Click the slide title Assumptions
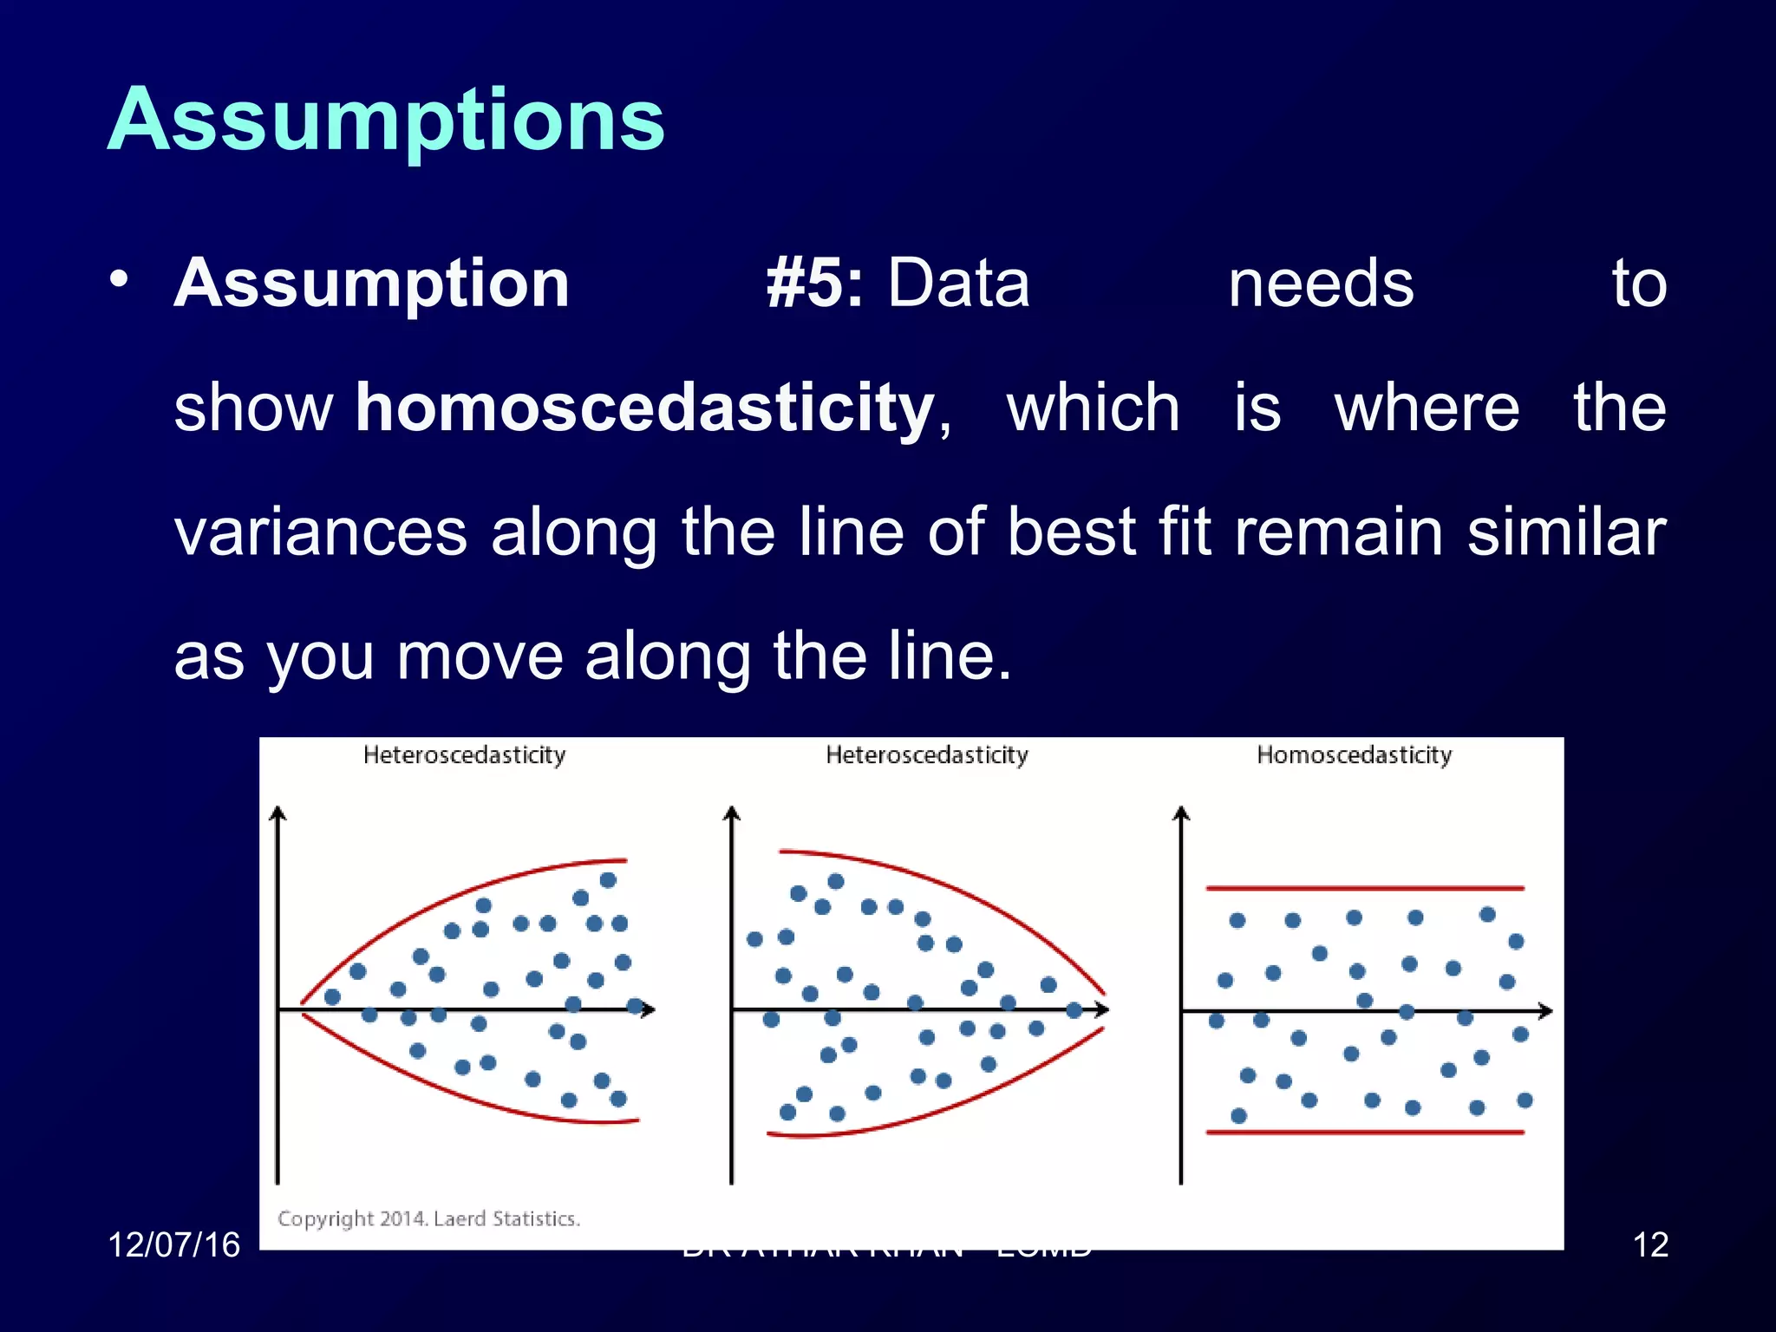coord(386,121)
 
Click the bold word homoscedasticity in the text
coord(645,408)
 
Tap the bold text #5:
coord(814,284)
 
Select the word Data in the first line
coord(958,284)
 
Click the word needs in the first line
coord(1320,284)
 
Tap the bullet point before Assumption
coord(120,280)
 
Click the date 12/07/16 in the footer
coord(173,1245)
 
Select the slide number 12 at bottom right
coord(1650,1245)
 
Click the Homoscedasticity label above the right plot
coord(1354,755)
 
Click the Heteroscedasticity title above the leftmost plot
coord(464,755)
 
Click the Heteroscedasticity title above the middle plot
coord(926,755)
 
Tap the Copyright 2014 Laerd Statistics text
coord(428,1218)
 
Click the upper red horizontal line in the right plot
coord(1364,888)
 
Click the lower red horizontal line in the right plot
coord(1364,1133)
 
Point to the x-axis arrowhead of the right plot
coord(1545,1011)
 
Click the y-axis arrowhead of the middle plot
coord(732,813)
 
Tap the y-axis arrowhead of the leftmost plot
coord(277,813)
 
